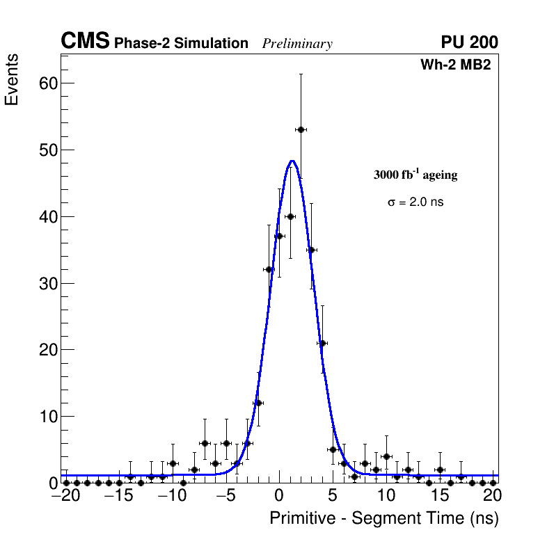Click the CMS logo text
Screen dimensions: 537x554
(x=85, y=42)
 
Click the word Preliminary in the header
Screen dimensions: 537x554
(x=297, y=44)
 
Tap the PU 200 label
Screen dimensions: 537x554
(x=469, y=42)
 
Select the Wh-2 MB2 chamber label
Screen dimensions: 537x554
(x=456, y=65)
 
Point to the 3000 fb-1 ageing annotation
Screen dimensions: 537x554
(x=415, y=175)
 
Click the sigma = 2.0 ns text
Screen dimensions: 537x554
(x=415, y=202)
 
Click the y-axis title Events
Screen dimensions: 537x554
(x=12, y=80)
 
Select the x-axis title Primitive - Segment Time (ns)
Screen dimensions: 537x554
(x=384, y=518)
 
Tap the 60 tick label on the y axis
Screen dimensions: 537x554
(x=46, y=83)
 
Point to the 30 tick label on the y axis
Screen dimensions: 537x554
(x=46, y=283)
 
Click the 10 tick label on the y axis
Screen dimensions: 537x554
(x=46, y=417)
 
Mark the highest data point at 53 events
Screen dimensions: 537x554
(x=301, y=129)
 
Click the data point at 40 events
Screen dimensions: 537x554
(x=290, y=216)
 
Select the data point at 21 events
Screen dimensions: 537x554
(x=322, y=343)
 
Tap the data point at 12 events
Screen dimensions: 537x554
(x=258, y=403)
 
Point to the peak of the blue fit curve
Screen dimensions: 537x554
(x=292, y=161)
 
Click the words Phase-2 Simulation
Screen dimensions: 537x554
(x=181, y=44)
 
